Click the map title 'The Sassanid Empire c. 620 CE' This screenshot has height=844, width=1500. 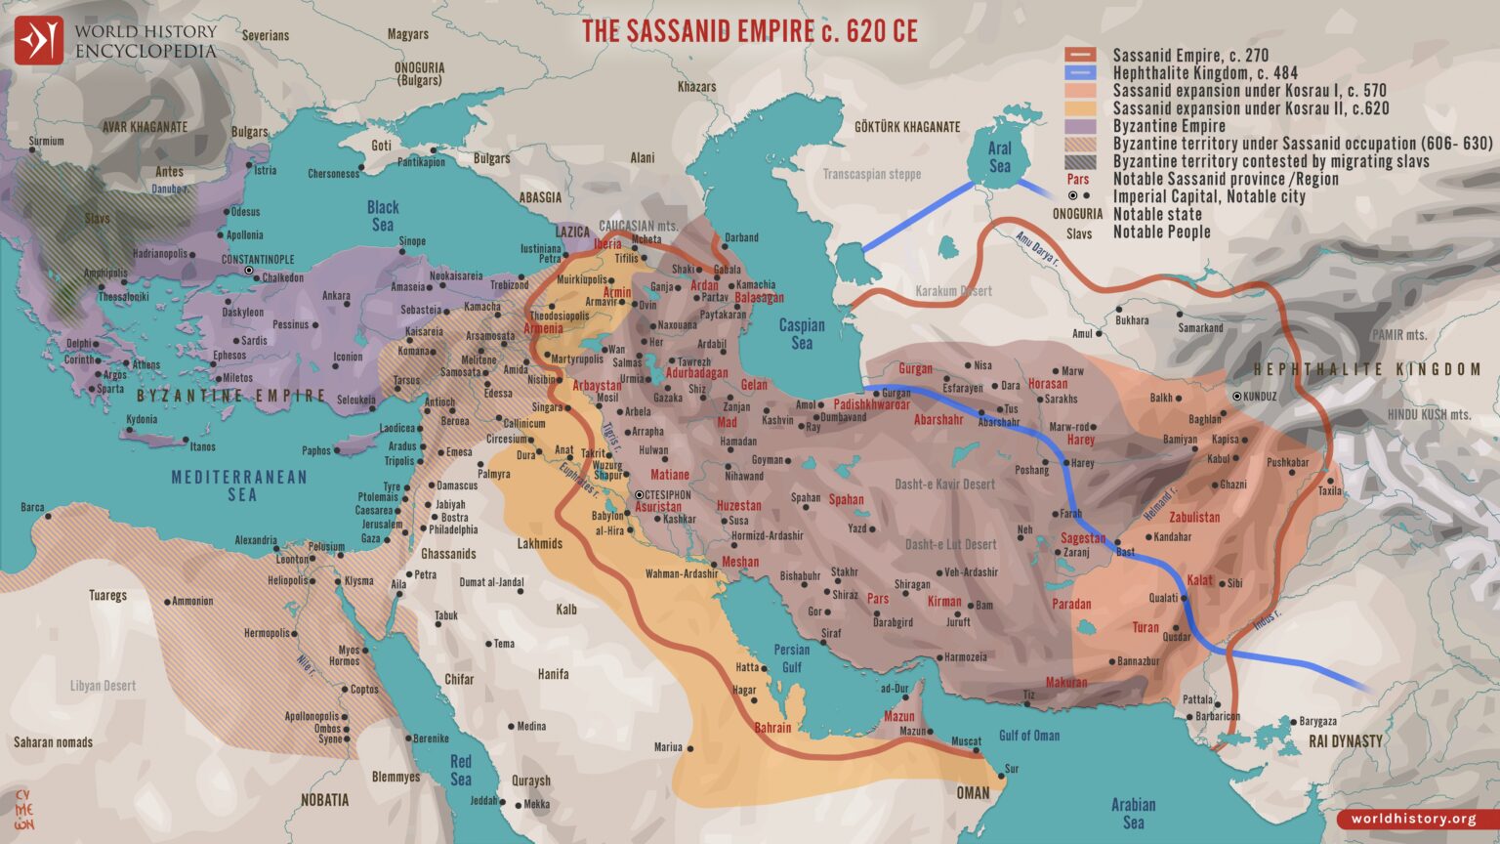pos(749,31)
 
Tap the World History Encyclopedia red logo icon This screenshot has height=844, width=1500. pos(38,40)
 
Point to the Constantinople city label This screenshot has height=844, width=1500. pos(258,260)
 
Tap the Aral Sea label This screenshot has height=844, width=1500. pos(999,157)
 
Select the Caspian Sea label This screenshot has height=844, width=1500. pos(801,334)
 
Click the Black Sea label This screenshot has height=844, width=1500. pos(383,216)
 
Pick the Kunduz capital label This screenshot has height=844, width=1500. pos(1260,397)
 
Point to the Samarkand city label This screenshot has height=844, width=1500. pos(1200,328)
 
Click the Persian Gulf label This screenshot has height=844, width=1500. pos(791,658)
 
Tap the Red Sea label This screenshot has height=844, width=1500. pos(460,770)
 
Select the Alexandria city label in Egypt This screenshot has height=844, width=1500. pos(256,540)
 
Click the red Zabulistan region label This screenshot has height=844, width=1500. pos(1194,518)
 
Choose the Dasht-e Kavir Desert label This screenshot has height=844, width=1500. pos(944,485)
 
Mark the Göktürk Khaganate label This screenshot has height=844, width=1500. pos(907,127)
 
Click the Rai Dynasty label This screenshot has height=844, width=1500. pos(1345,741)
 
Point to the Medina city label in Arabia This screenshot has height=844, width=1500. pos(531,727)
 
